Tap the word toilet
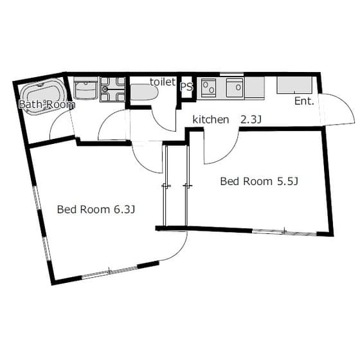163,82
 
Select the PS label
186,87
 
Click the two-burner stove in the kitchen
208,88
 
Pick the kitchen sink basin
235,87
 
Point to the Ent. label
304,101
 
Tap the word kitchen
211,120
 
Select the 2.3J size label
251,120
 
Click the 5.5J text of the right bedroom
288,181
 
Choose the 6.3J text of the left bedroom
124,210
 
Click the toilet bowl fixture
144,93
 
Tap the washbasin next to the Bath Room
85,88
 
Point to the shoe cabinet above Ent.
294,85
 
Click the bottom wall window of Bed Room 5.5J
284,231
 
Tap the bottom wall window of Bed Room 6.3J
110,272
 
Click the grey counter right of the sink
255,87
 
